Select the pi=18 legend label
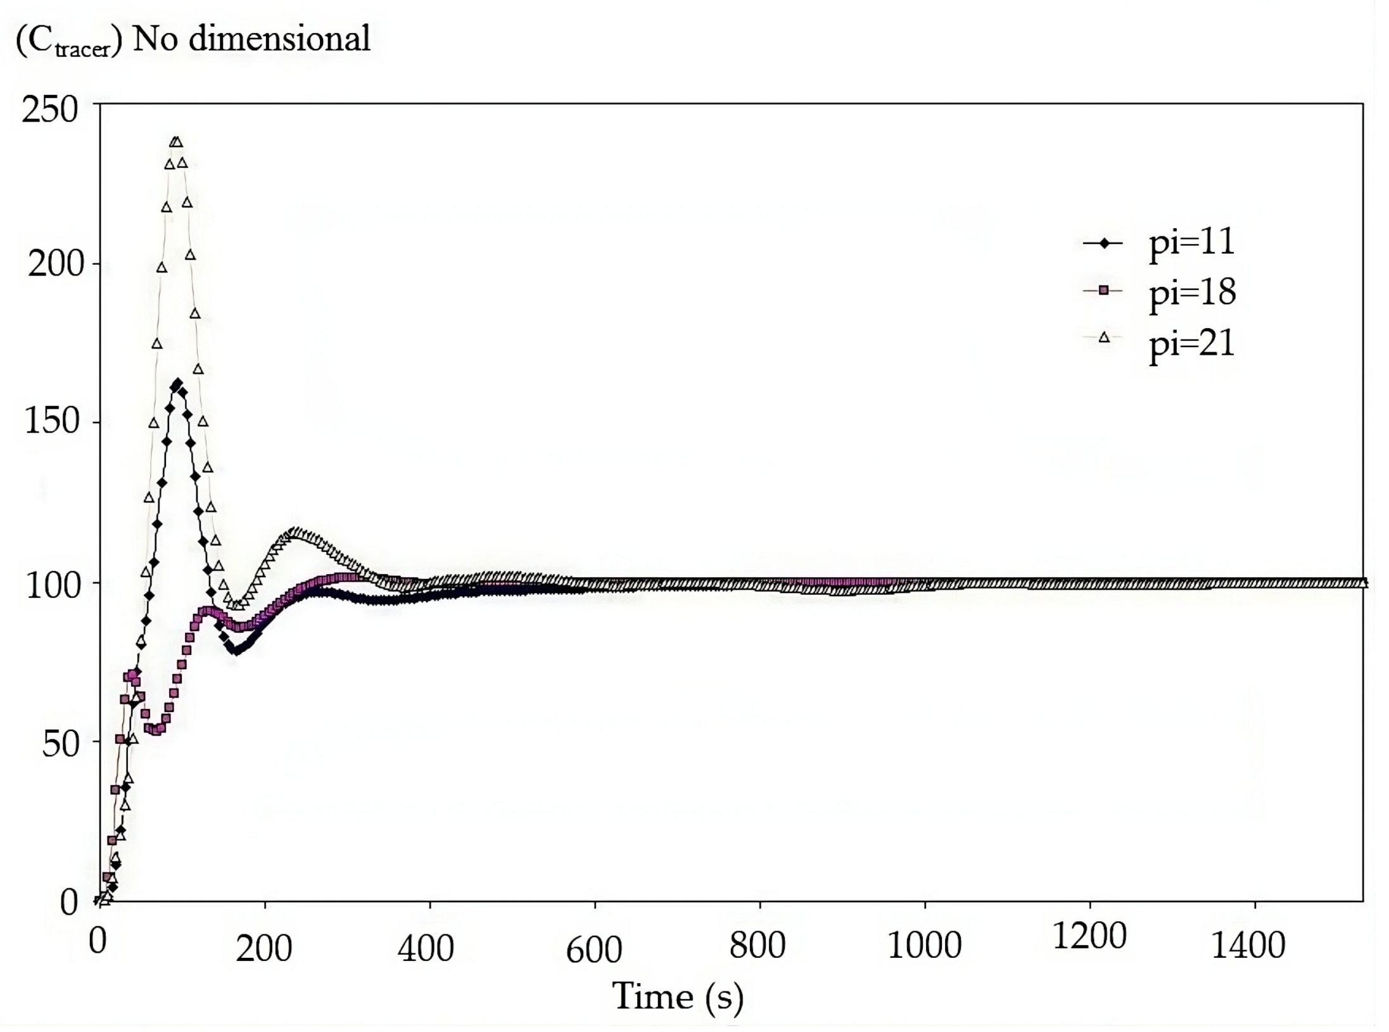pyautogui.click(x=1192, y=293)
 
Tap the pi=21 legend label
pyautogui.click(x=1191, y=345)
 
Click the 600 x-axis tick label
pyautogui.click(x=593, y=950)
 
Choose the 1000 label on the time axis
pyautogui.click(x=924, y=945)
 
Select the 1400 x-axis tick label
pyautogui.click(x=1248, y=945)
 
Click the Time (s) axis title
pyautogui.click(x=677, y=997)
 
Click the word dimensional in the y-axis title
pyautogui.click(x=279, y=39)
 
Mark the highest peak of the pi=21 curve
pyautogui.click(x=176, y=142)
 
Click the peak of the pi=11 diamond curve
pyautogui.click(x=177, y=383)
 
